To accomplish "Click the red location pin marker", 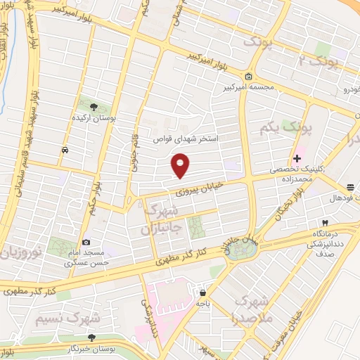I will [x=181, y=165].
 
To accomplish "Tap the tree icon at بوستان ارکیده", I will [x=94, y=107].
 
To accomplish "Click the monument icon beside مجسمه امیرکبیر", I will [x=248, y=76].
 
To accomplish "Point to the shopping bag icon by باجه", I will [x=202, y=293].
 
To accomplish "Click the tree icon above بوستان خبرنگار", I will [x=91, y=338].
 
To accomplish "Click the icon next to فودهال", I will [x=349, y=186].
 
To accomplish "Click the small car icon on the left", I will [x=65, y=150].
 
